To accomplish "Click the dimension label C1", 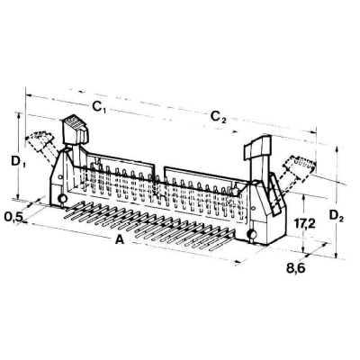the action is pos(99,107).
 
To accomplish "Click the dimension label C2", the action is pos(218,117).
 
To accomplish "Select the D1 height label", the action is pos(18,162).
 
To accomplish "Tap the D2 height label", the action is pos(336,216).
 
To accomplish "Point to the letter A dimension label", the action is pos(120,239).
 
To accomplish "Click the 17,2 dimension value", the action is pos(304,223).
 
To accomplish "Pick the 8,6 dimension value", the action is pos(296,267).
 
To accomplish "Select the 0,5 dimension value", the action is pos(13,216).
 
